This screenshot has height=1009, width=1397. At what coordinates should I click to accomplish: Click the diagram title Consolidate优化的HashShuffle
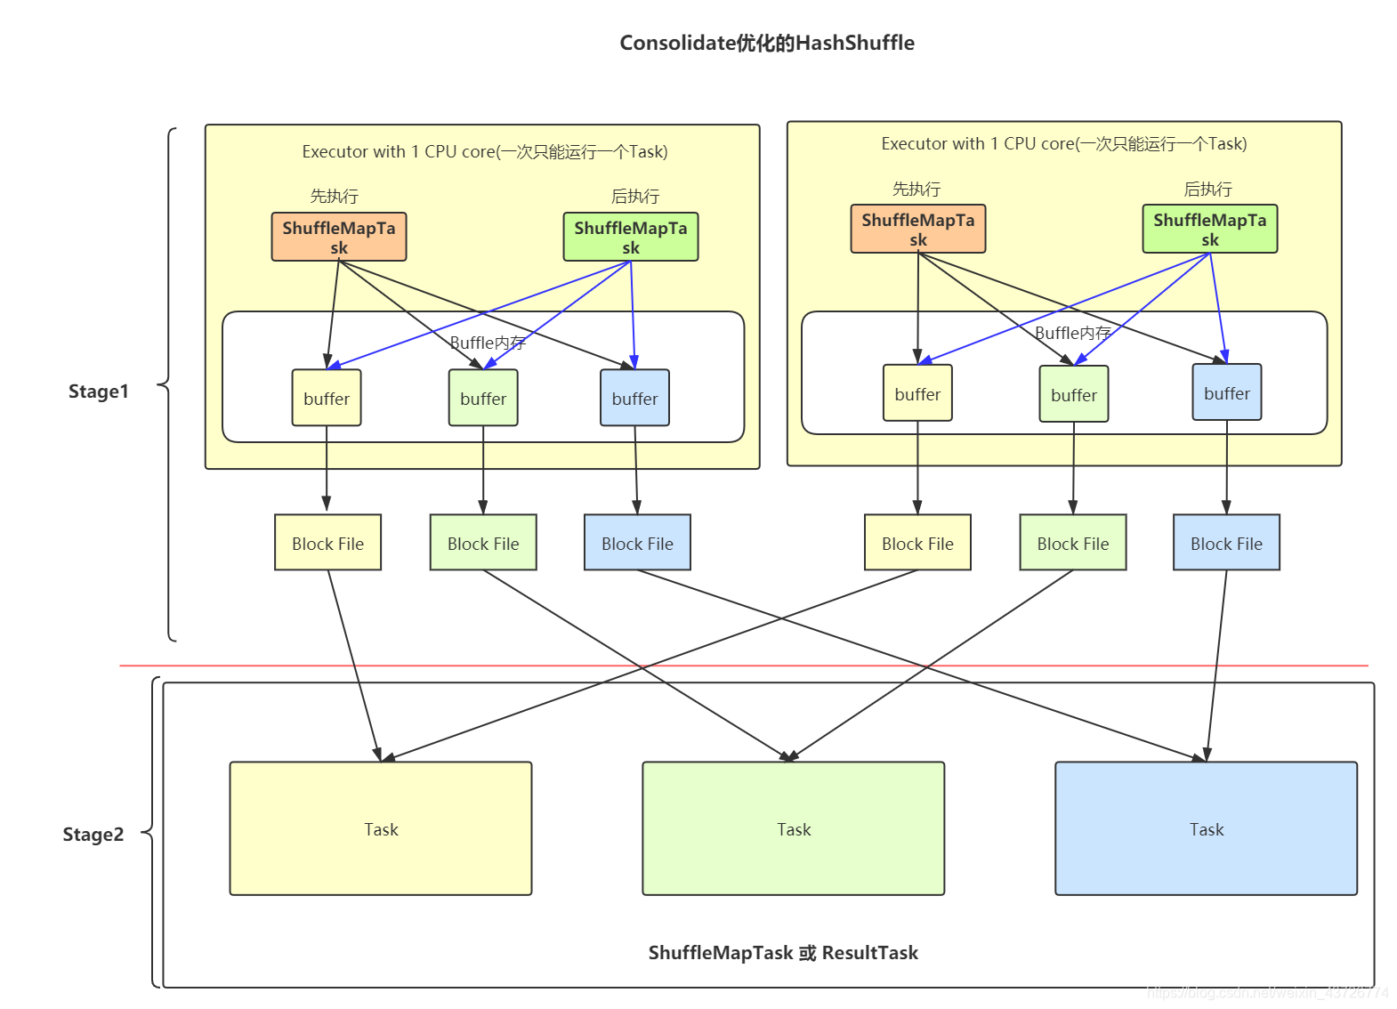(x=766, y=43)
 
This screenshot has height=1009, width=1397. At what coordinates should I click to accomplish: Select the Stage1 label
(x=98, y=391)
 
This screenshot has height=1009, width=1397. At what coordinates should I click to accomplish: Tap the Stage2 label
(x=93, y=835)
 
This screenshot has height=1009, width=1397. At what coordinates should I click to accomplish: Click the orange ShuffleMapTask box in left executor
(x=338, y=237)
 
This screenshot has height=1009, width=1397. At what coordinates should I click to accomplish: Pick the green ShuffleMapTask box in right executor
(x=1209, y=229)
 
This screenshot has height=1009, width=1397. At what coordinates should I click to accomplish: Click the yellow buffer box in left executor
(x=327, y=398)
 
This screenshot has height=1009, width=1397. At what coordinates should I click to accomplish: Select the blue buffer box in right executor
(x=1226, y=392)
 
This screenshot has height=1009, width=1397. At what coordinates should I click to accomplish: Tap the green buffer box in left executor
(x=483, y=398)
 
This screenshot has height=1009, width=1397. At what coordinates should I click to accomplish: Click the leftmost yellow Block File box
(x=327, y=543)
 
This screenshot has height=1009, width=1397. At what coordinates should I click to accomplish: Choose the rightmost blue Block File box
(x=1226, y=543)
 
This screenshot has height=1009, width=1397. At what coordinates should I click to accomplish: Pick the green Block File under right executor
(x=1072, y=543)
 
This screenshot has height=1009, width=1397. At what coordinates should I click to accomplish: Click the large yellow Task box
(x=381, y=828)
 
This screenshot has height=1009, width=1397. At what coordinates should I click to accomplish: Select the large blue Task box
(x=1206, y=828)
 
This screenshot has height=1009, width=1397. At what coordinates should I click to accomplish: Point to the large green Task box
(x=793, y=828)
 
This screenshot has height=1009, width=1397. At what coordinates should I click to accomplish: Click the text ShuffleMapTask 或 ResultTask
(x=782, y=953)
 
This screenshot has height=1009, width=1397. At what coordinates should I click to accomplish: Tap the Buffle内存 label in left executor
(x=488, y=343)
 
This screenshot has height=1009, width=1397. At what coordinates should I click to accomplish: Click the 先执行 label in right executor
(x=916, y=189)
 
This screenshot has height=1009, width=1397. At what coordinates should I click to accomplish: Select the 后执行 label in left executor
(x=634, y=196)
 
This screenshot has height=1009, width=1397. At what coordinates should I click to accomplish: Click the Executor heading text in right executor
(x=1063, y=143)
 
